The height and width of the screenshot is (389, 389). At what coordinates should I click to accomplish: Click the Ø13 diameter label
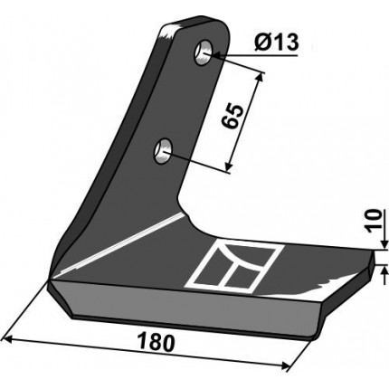[x=276, y=42]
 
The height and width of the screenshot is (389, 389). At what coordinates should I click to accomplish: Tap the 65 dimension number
[x=232, y=117]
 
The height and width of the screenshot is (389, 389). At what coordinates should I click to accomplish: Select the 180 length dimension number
[x=156, y=343]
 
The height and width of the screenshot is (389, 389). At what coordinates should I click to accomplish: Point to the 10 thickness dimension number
[x=373, y=222]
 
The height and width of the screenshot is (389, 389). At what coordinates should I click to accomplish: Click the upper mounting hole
[x=204, y=52]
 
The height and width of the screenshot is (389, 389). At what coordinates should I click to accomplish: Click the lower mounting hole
[x=163, y=149]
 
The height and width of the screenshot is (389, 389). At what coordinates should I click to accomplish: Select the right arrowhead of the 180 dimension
[x=283, y=365]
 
